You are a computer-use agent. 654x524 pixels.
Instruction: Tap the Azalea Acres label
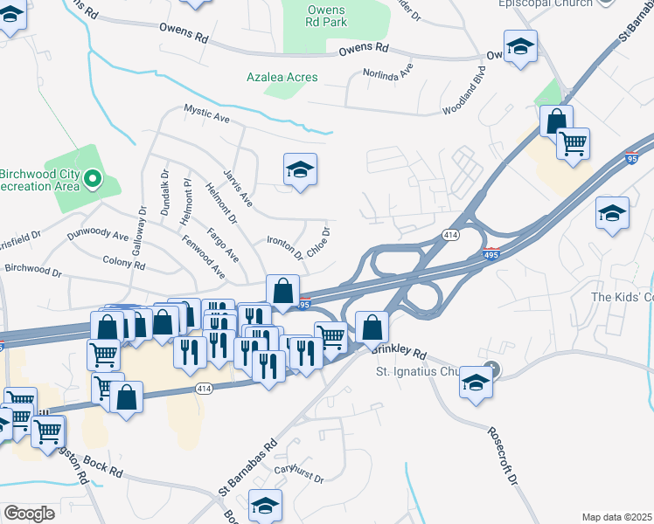pos(282,77)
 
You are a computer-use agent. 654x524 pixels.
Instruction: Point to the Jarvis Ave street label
pos(238,188)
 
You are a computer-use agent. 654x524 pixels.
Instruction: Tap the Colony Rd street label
pos(123,262)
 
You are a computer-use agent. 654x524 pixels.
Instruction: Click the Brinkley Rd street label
pos(399,352)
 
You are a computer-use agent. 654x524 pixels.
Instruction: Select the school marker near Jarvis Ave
pos(300,170)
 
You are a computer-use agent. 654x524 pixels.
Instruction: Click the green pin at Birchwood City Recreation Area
pos(92,182)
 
